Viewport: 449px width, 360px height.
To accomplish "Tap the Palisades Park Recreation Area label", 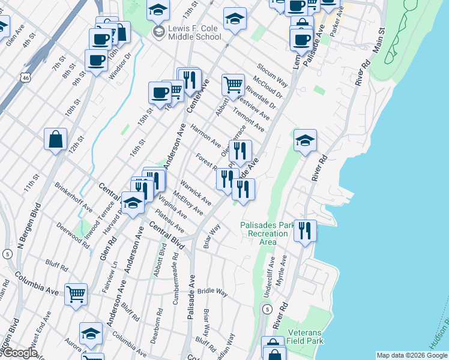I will click(x=268, y=233).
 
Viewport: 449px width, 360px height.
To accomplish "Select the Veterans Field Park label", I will click(x=305, y=337).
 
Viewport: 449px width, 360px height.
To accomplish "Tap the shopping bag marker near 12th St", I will click(x=55, y=140).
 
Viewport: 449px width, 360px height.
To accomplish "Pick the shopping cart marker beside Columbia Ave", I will click(x=76, y=294).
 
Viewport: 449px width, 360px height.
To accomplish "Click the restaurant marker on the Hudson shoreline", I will click(x=305, y=230).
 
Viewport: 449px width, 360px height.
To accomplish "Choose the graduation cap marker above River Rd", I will click(x=305, y=141).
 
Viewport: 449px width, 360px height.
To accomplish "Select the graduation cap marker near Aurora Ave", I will click(x=91, y=334).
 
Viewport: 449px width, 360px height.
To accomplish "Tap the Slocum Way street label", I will click(x=273, y=74).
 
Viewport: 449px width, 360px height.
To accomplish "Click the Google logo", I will click(x=19, y=353).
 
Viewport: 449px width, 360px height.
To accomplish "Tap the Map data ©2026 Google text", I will click(x=411, y=355).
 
